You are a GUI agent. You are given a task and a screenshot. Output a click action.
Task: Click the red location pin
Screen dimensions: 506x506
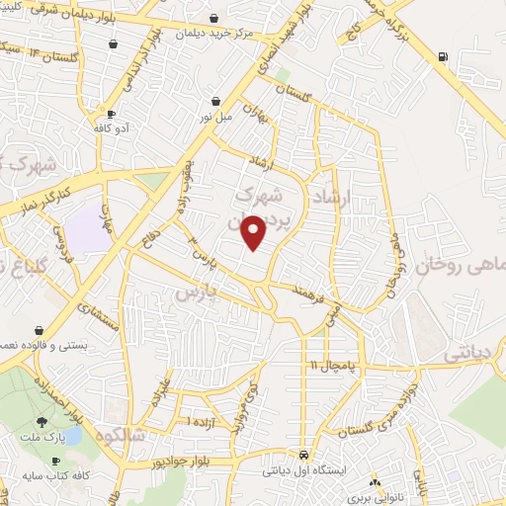[255, 232]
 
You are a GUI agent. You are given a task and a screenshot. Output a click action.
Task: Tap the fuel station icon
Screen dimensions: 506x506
[440, 56]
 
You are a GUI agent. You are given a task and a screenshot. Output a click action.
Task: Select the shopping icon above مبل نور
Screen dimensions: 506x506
[215, 100]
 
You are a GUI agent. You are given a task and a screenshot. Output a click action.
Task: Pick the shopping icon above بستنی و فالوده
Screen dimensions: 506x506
[39, 330]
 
